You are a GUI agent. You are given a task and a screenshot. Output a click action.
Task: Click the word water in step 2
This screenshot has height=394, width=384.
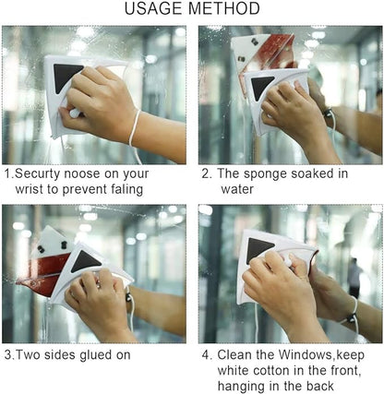point(236,189)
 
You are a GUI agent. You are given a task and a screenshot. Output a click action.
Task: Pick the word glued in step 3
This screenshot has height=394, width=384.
point(99,353)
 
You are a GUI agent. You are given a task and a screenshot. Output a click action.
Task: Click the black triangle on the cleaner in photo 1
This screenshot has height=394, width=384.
point(68,78)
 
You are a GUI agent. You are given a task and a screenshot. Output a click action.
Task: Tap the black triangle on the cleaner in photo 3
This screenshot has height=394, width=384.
point(86,260)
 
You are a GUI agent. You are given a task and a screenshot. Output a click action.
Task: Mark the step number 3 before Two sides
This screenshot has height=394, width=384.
point(7,353)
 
